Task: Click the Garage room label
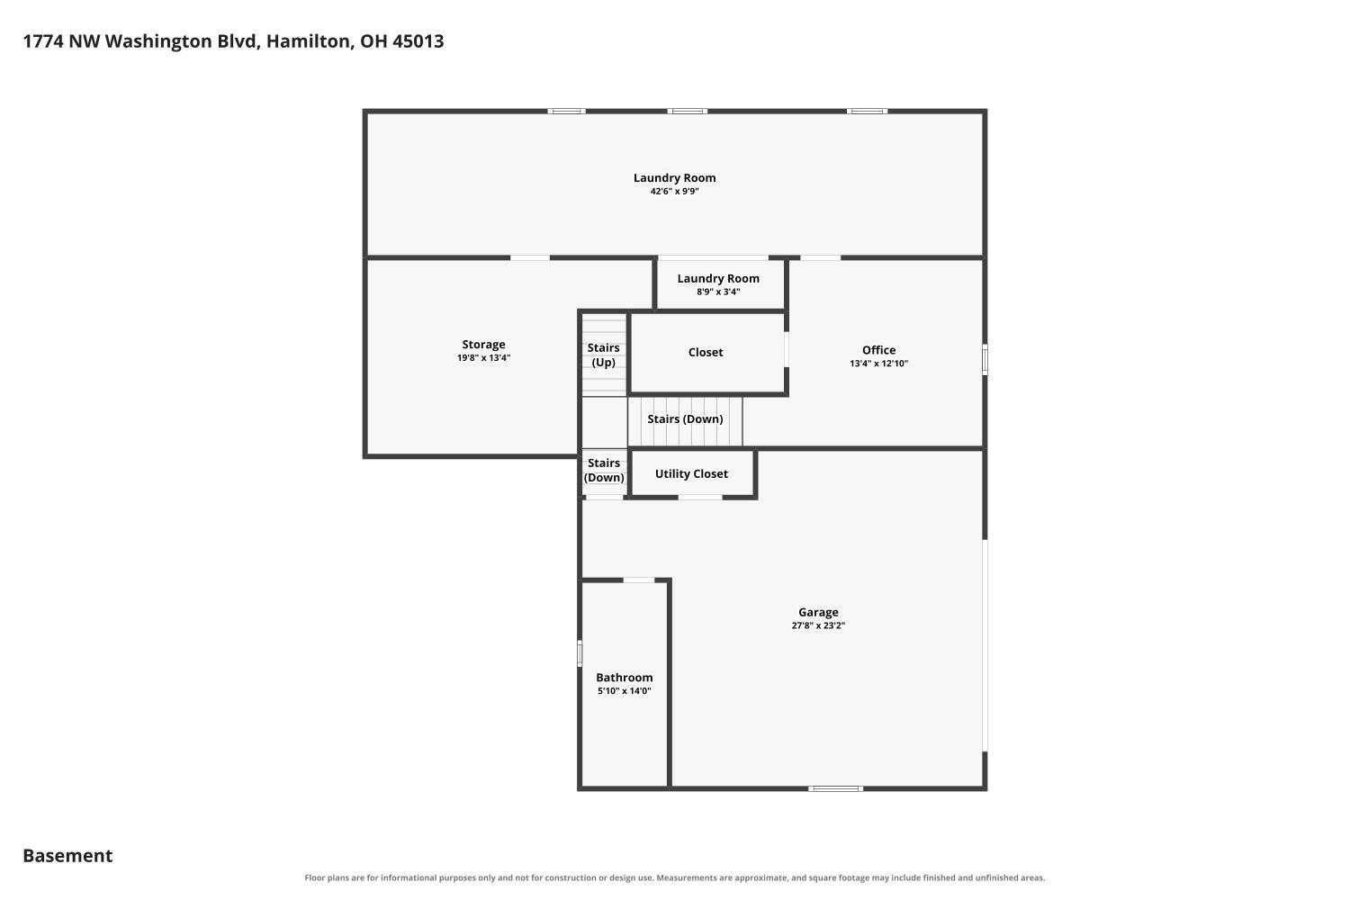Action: [818, 613]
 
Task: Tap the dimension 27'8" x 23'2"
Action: [818, 625]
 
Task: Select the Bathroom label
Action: [624, 678]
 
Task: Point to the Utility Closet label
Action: [691, 473]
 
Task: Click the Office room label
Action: [878, 350]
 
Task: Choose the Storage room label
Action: [483, 345]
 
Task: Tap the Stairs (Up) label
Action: [603, 355]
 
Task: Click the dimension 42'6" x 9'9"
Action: [674, 192]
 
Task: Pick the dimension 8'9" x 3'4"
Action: [718, 292]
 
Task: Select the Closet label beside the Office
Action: [705, 353]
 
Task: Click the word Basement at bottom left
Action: [67, 856]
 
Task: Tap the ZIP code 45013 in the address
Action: [418, 41]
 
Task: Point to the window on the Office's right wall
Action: [985, 360]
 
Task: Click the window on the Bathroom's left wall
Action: [580, 653]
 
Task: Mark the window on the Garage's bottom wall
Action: [835, 788]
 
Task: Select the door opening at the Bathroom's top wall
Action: [639, 580]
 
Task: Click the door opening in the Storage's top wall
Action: [530, 258]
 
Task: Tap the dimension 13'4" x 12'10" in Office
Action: [878, 364]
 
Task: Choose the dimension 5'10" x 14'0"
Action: [624, 691]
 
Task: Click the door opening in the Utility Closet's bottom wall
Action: [700, 498]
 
